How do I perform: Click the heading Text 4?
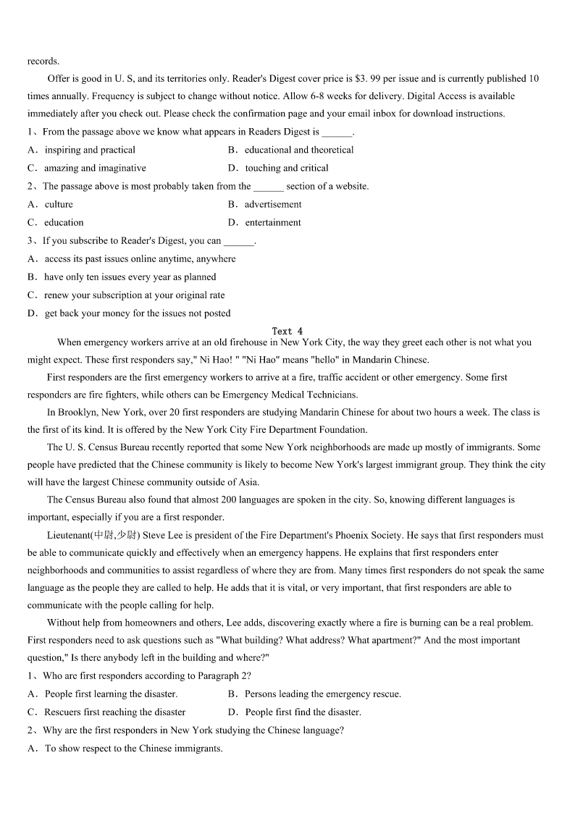point(287,331)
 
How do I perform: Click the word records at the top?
point(43,61)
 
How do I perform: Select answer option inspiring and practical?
point(90,150)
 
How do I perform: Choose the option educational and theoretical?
point(298,150)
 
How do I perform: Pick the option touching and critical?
point(286,168)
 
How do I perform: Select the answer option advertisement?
point(272,204)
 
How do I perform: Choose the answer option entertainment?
point(272,222)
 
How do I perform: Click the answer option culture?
point(59,204)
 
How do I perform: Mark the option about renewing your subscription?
point(134,295)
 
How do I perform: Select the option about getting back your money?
point(137,313)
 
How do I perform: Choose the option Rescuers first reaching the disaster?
point(114,712)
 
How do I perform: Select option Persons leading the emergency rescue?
point(322,694)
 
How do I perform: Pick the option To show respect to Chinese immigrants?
point(133,748)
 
